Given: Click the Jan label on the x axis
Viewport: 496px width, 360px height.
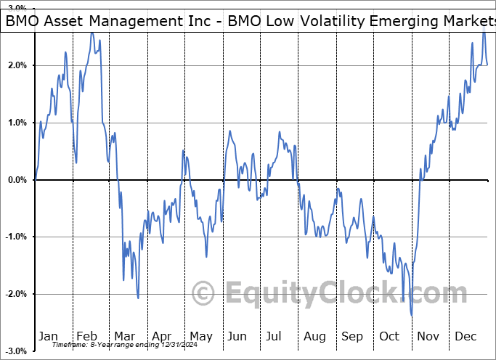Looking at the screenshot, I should tap(48, 336).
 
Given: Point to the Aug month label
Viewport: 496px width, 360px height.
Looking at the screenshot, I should tap(314, 336).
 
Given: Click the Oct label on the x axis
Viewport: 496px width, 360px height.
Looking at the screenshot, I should tap(390, 336).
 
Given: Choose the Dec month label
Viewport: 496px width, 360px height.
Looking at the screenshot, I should tap(465, 336).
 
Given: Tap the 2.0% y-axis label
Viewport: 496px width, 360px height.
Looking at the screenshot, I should tap(15, 65).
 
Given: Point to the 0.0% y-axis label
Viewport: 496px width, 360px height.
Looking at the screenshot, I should tap(15, 180).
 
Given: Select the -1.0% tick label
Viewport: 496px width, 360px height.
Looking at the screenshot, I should tap(14, 237).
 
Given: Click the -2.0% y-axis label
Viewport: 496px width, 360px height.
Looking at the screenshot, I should tap(14, 294).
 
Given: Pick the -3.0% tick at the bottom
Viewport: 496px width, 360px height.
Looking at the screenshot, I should tap(14, 351).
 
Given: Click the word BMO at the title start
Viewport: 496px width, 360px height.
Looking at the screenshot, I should tap(22, 22).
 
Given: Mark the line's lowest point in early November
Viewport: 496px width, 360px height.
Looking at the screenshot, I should tap(412, 316).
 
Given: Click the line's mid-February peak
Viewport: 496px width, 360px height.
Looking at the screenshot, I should tap(92, 33).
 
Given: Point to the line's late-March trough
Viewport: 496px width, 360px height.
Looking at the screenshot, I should tap(138, 298).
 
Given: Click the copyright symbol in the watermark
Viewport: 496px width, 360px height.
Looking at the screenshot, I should tap(203, 293).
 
